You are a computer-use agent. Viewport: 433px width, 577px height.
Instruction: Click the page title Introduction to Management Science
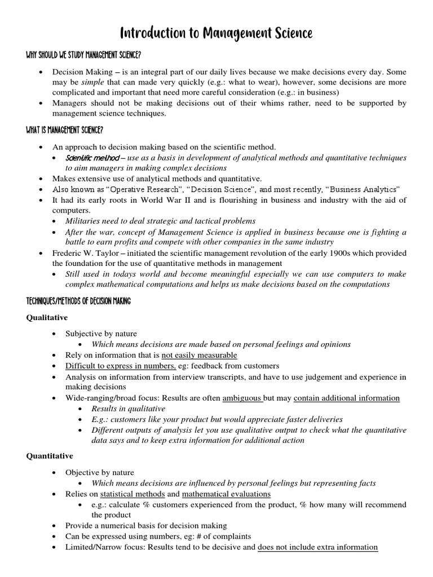[216, 34]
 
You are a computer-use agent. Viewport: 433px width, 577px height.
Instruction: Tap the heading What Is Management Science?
[65, 130]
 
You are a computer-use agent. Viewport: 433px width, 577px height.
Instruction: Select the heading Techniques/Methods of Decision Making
[79, 301]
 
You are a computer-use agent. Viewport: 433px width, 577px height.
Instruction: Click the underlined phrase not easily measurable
[199, 356]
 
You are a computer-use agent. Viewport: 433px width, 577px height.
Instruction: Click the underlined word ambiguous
[243, 398]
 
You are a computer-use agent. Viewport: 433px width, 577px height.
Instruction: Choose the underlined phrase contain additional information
[347, 398]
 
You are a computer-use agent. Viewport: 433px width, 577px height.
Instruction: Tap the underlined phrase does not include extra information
[317, 547]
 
